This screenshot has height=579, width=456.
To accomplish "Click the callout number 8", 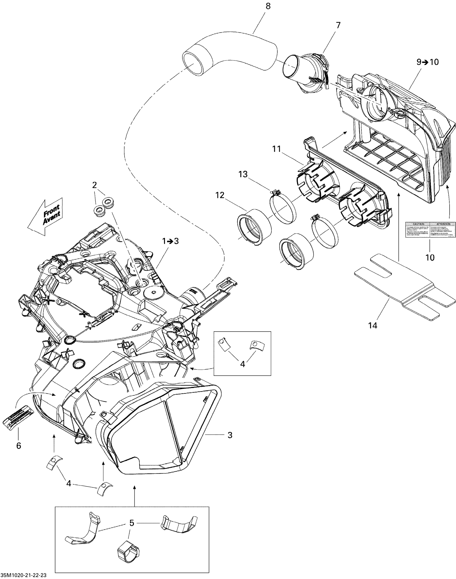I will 268,6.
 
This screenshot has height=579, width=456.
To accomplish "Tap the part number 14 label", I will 373,325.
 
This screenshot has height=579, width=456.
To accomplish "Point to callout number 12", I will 220,195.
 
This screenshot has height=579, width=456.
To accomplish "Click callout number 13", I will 243,174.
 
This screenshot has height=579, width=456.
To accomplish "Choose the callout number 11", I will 277,149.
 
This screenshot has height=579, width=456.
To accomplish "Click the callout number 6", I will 19,446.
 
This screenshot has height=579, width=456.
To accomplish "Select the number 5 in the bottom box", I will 132,523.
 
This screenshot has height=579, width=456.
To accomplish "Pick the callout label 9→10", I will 428,62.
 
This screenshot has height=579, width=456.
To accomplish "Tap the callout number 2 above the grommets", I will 94,185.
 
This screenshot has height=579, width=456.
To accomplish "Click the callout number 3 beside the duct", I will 230,435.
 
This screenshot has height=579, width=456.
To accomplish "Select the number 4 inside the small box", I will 242,364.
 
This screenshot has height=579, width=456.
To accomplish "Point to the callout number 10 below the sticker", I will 430,257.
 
